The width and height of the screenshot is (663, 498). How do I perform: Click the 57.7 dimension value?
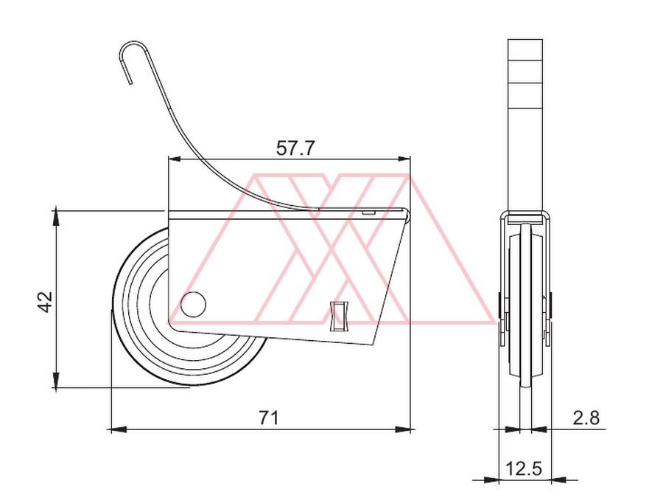click(x=295, y=148)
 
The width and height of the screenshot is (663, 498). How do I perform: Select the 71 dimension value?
click(x=269, y=418)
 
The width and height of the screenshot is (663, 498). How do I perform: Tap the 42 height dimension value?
click(x=45, y=302)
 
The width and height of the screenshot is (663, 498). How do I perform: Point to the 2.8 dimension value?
click(x=586, y=418)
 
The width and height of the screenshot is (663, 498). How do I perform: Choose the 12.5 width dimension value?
click(x=524, y=468)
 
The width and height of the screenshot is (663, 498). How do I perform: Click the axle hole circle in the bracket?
click(x=193, y=305)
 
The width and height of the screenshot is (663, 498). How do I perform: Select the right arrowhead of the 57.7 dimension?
click(x=404, y=159)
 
